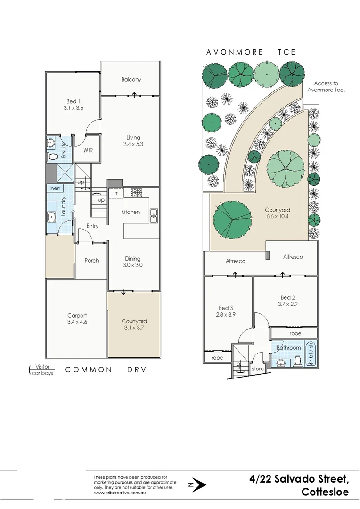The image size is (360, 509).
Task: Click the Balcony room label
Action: (x=131, y=79)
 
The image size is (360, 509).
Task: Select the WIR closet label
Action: (x=88, y=150)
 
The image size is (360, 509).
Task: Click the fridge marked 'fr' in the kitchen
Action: (x=115, y=193)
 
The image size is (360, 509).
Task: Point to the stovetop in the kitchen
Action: (x=136, y=192)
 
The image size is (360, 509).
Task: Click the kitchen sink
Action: (x=154, y=216)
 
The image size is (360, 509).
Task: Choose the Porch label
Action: (x=92, y=260)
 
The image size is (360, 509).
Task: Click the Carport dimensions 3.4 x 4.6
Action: (x=77, y=322)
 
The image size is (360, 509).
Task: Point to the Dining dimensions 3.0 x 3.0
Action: (x=133, y=265)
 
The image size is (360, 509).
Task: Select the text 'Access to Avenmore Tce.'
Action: (x=326, y=87)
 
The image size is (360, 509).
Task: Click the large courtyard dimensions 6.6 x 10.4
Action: (x=277, y=217)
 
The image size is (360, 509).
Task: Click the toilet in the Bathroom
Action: (x=298, y=361)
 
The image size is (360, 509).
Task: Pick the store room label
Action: (x=258, y=369)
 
